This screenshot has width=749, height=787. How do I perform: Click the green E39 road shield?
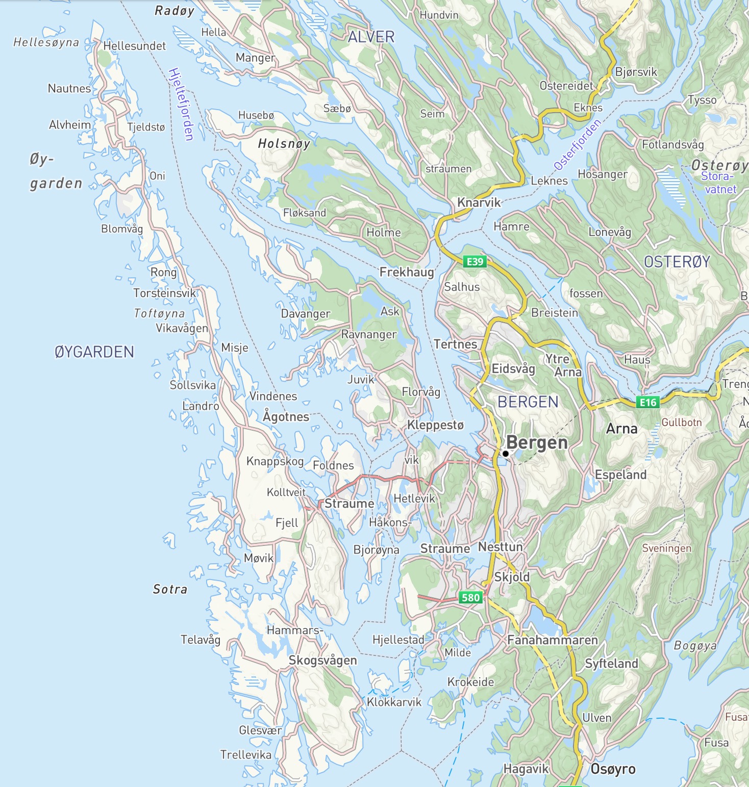point(475,261)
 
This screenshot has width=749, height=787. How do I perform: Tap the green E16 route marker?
point(648,402)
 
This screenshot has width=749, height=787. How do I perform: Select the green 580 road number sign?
point(470,597)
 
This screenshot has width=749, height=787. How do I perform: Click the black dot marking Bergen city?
point(505,453)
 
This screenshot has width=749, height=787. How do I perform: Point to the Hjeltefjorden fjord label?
point(181,104)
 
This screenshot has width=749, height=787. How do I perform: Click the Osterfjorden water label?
point(578,145)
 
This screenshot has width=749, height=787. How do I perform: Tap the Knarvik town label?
point(479,202)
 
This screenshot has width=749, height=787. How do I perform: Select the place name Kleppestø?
point(435,425)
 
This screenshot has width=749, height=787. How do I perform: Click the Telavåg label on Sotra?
point(201,639)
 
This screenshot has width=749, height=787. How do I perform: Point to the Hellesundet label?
point(134,46)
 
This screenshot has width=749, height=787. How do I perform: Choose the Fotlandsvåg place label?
point(672,144)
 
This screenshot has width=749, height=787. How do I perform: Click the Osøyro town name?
point(613,769)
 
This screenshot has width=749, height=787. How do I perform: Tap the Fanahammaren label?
point(552,640)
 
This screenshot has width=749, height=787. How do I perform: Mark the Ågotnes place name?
point(286,416)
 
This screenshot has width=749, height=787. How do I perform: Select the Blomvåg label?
point(122,229)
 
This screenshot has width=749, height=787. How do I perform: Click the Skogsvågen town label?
point(322,660)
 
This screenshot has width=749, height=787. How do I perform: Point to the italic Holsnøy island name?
point(284,144)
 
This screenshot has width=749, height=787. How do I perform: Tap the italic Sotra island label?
point(170,589)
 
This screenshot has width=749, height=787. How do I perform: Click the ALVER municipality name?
point(371,37)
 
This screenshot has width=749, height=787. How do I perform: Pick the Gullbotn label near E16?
point(682,423)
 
